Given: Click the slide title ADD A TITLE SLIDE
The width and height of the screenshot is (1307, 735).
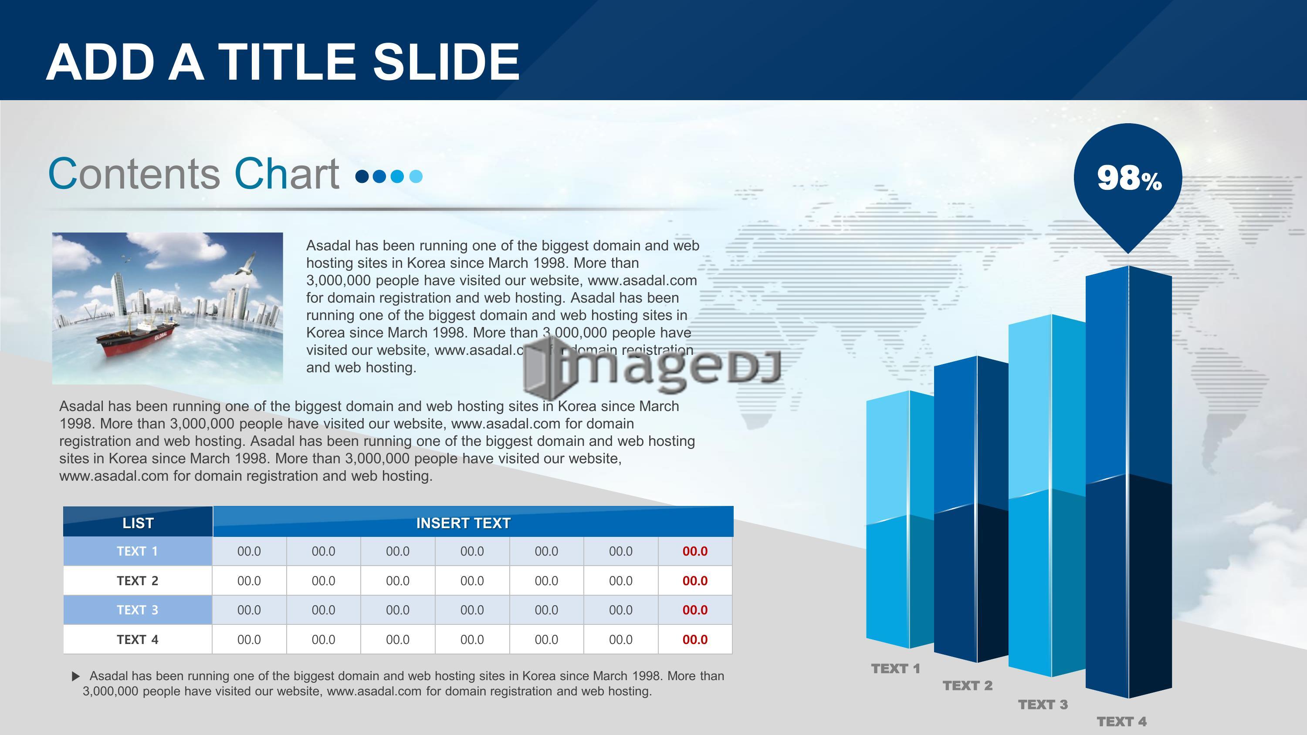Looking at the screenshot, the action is (283, 62).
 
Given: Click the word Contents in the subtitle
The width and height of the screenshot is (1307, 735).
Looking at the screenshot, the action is (134, 173).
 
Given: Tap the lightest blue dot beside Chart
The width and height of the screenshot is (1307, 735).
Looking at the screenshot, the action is (416, 176).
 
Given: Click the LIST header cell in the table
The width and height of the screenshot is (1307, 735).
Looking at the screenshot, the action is (138, 522).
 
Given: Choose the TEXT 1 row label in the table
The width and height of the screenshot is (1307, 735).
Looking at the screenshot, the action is (138, 551).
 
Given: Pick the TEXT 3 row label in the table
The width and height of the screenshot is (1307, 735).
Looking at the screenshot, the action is (138, 610).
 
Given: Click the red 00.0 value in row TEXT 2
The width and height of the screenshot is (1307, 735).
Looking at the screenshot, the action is (695, 581).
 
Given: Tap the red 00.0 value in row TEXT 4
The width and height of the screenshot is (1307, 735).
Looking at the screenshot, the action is (695, 640).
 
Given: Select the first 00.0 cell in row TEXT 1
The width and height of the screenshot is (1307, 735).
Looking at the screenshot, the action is (249, 551).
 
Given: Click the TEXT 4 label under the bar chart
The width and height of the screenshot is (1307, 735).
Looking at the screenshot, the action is (1121, 722).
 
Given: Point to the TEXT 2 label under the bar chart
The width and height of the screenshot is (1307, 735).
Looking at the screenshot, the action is (968, 685).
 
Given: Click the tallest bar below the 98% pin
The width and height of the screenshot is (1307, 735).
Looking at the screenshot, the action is (1129, 482).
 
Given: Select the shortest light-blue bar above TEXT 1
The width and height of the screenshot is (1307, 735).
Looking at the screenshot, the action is (900, 519).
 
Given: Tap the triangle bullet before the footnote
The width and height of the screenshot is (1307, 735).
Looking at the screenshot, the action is (76, 676).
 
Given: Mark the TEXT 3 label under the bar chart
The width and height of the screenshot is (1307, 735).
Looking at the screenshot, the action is (1043, 705).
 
